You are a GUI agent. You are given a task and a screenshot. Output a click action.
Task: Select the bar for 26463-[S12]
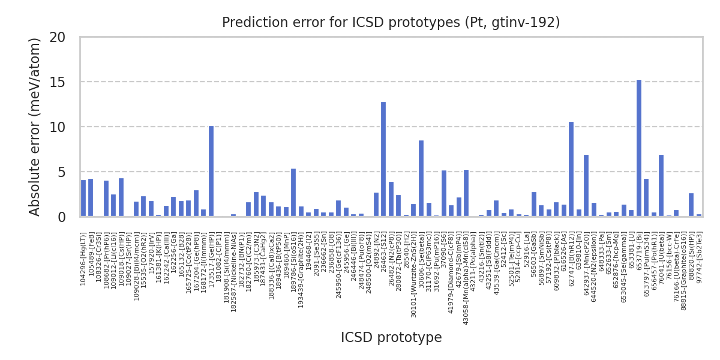tap(383, 159)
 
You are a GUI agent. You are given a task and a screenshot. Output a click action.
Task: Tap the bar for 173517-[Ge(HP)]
tap(211, 171)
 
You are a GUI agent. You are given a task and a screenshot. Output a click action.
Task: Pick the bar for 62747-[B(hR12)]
tap(571, 169)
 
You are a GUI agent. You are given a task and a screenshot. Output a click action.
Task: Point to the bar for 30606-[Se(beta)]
tap(421, 178)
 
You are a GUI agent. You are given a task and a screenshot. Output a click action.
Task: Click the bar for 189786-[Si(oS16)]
tap(293, 193)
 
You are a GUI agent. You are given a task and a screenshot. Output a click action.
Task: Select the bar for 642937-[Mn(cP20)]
tap(586, 185)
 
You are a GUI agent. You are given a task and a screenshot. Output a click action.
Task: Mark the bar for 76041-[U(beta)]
tap(661, 185)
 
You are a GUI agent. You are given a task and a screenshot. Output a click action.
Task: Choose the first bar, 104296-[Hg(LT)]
tap(83, 198)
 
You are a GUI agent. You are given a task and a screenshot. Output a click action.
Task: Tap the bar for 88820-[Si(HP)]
tap(691, 205)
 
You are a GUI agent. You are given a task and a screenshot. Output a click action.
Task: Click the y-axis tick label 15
tap(66, 82)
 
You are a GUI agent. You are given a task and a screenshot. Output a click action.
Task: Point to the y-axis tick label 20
tap(66, 37)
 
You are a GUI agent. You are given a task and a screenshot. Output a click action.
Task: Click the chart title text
tap(391, 23)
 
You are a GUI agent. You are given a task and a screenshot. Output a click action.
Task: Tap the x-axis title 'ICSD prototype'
tap(391, 338)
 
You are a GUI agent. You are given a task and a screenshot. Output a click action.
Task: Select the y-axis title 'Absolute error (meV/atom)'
tap(35, 127)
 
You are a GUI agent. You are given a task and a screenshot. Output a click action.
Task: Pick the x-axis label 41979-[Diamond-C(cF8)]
tap(451, 274)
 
